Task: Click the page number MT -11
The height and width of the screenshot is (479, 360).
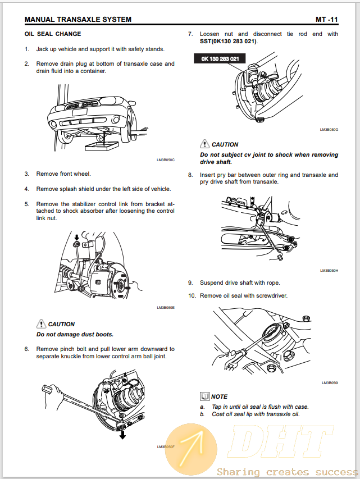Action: (326, 20)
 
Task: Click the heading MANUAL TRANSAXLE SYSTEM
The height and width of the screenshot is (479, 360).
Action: (78, 20)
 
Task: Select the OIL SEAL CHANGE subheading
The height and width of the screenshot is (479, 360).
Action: (53, 34)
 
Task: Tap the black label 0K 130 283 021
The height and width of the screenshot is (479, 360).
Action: (220, 58)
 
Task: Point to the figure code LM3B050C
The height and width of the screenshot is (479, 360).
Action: (166, 160)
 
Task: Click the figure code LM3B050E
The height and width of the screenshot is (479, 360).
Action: (166, 308)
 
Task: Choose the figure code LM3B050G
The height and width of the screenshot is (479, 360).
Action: (329, 130)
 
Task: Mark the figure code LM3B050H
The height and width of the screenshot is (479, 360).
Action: (329, 270)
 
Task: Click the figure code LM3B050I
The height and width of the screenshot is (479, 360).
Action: (330, 383)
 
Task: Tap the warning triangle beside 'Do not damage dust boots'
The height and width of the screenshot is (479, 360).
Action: (41, 323)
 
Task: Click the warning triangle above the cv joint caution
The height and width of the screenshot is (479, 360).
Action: (204, 144)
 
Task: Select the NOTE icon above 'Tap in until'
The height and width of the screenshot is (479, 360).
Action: (204, 396)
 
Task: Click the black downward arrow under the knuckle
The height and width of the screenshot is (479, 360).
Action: (122, 434)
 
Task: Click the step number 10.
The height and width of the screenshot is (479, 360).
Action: (192, 295)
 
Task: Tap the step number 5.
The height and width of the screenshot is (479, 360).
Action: (26, 204)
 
